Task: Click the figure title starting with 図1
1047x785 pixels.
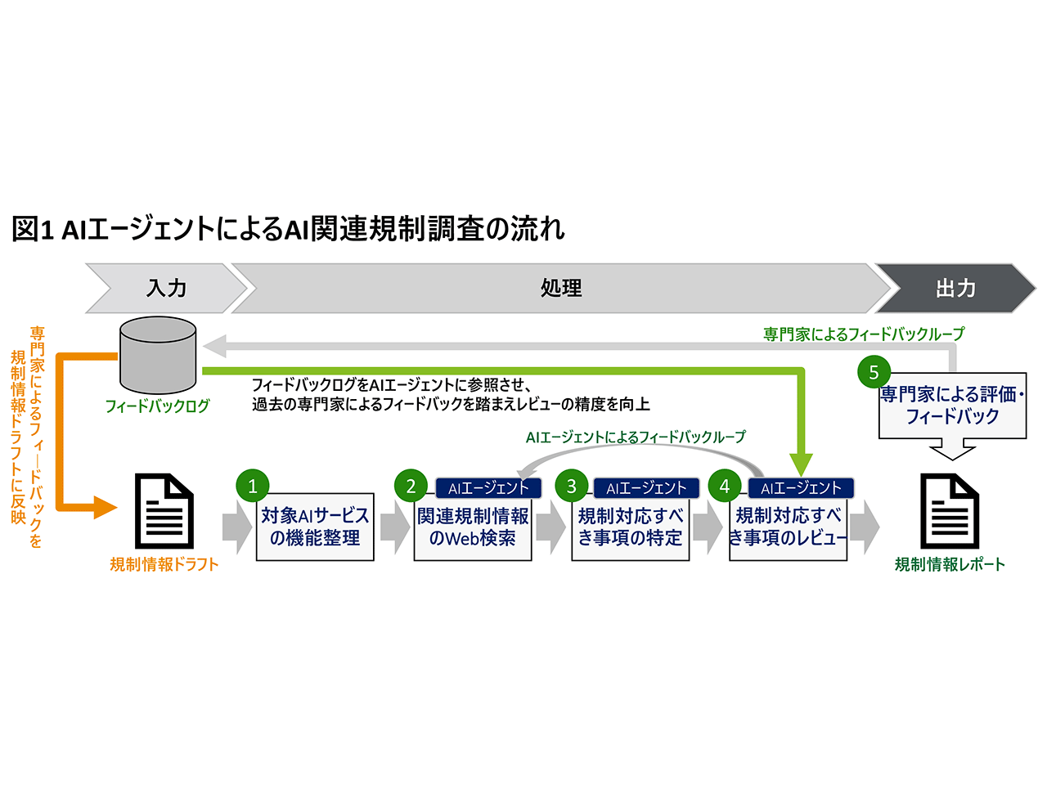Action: [288, 229]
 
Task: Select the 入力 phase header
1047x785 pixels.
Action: [166, 288]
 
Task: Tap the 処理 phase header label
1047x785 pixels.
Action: [561, 288]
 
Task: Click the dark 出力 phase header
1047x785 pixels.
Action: [955, 288]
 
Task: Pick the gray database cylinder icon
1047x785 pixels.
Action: [158, 356]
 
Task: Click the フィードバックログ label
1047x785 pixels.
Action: [157, 406]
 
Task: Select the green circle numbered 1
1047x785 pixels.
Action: [252, 486]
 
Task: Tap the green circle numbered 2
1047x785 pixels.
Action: [411, 486]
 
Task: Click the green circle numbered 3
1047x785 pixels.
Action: [571, 486]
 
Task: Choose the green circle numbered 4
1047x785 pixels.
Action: [724, 486]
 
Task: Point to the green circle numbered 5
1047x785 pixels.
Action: [874, 372]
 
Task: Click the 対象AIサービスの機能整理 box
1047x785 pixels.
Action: [315, 527]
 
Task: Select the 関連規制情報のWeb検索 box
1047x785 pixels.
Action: [473, 527]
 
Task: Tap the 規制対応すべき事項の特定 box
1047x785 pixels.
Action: [631, 527]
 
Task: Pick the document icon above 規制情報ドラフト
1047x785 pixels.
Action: [164, 511]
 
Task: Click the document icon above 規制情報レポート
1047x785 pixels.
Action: [950, 511]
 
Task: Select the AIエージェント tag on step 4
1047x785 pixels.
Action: [801, 488]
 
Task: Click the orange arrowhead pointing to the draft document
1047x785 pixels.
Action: [105, 507]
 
